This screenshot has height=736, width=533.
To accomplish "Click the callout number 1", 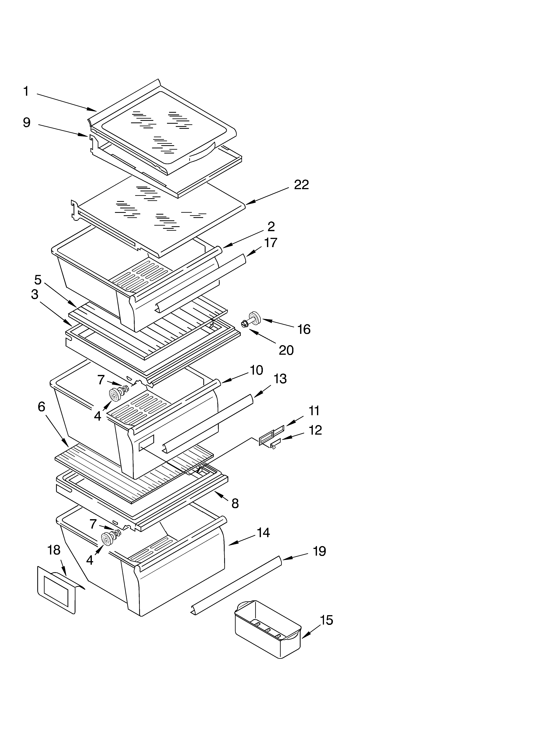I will point(26,92).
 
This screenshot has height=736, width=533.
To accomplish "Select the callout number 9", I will point(27,123).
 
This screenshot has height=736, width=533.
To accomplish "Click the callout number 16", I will point(304,329).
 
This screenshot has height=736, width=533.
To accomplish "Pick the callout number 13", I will point(280,379).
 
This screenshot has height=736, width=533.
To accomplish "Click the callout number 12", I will point(315,430).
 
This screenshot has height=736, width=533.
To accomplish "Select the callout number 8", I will point(235,503).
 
